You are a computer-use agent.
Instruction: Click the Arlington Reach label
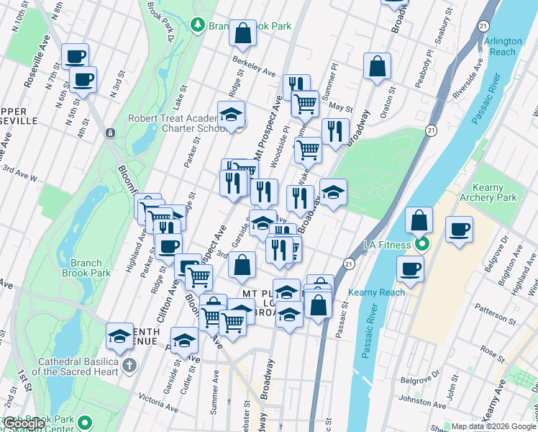click(x=503, y=47)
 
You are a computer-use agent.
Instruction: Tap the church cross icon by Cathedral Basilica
click(x=129, y=364)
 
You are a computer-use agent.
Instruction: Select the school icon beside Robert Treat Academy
click(x=232, y=114)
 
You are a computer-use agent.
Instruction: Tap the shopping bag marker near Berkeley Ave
click(x=243, y=33)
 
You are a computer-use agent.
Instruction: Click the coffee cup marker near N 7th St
click(x=75, y=56)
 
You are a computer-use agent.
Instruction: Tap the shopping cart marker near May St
click(x=305, y=103)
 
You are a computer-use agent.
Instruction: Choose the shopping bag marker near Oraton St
click(x=377, y=66)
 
